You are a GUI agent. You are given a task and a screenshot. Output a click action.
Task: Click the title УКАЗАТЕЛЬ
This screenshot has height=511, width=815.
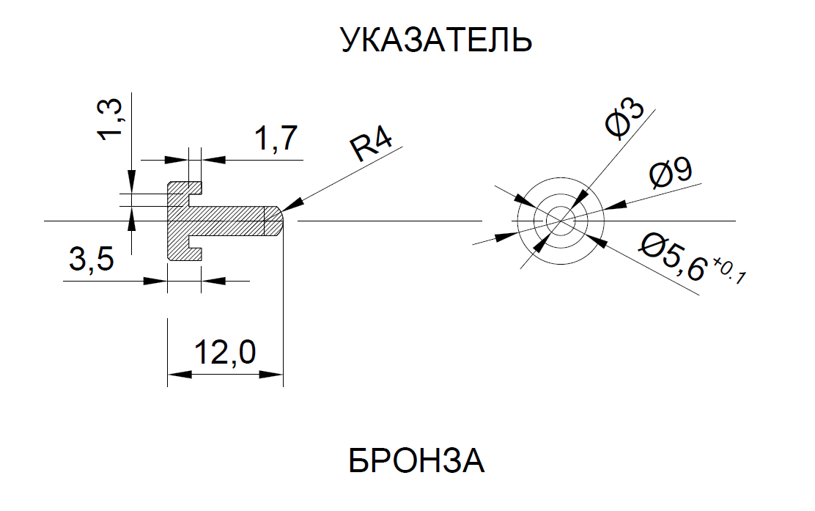[x=436, y=41]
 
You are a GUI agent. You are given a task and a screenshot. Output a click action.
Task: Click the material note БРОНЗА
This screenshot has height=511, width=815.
[x=416, y=462]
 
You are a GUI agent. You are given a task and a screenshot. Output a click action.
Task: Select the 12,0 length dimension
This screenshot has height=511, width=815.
[x=224, y=353]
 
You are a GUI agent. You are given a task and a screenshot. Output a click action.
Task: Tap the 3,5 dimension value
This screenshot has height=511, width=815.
[x=91, y=260]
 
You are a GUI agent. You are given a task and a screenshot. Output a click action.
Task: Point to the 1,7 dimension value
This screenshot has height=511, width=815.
[x=276, y=139]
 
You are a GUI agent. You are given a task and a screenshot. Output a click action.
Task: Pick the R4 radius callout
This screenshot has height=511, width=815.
[x=373, y=147]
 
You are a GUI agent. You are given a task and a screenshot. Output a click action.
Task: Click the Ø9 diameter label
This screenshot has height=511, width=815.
[x=670, y=174]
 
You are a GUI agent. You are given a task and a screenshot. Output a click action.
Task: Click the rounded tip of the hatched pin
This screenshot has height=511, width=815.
[x=276, y=220]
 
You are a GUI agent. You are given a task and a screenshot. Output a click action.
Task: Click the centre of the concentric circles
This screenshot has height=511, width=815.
[x=561, y=219]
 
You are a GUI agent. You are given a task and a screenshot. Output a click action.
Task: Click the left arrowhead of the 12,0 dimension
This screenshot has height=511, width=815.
[x=176, y=374]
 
